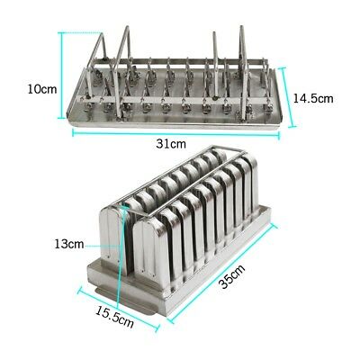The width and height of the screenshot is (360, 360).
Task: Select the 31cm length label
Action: click(172, 143)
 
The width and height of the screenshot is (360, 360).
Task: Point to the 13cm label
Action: click(67, 243)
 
